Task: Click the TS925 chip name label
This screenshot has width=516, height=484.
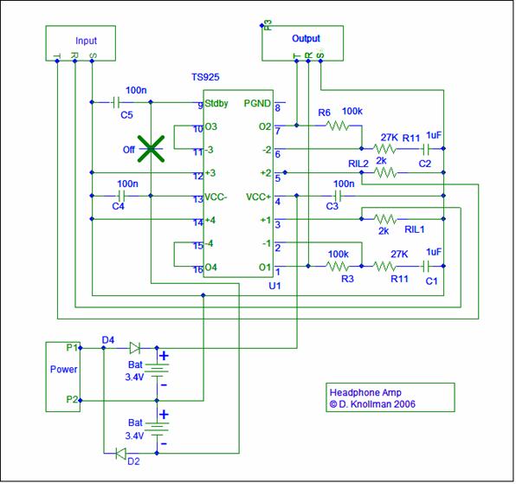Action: pyautogui.click(x=205, y=77)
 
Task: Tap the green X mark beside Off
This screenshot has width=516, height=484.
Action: pyautogui.click(x=151, y=149)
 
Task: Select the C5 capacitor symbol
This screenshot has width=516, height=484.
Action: pyautogui.click(x=115, y=102)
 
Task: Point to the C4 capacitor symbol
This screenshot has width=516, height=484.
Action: pyautogui.click(x=121, y=196)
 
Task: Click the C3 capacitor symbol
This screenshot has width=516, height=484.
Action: pyautogui.click(x=338, y=196)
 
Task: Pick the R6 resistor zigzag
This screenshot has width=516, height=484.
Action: pyautogui.click(x=338, y=126)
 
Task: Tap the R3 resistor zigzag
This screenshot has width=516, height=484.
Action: pyautogui.click(x=338, y=266)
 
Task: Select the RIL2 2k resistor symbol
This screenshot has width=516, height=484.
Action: pyautogui.click(x=384, y=172)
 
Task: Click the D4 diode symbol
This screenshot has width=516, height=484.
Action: pyautogui.click(x=135, y=348)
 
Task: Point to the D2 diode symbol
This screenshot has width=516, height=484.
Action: pyautogui.click(x=120, y=454)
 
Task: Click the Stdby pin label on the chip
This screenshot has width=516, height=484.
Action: pyautogui.click(x=216, y=103)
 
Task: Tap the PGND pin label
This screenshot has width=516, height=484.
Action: pyautogui.click(x=257, y=103)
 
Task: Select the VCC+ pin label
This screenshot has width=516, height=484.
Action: pyautogui.click(x=258, y=197)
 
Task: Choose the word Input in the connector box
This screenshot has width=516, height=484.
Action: pyautogui.click(x=86, y=41)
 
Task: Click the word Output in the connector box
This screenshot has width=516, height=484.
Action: pyautogui.click(x=306, y=38)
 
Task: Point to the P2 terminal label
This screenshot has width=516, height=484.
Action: pyautogui.click(x=72, y=399)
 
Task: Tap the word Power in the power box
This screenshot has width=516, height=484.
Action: pyautogui.click(x=63, y=369)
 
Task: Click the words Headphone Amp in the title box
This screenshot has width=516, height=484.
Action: pyautogui.click(x=365, y=392)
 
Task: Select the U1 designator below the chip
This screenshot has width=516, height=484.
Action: pyautogui.click(x=274, y=286)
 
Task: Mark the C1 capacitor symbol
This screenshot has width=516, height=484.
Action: pyautogui.click(x=426, y=266)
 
